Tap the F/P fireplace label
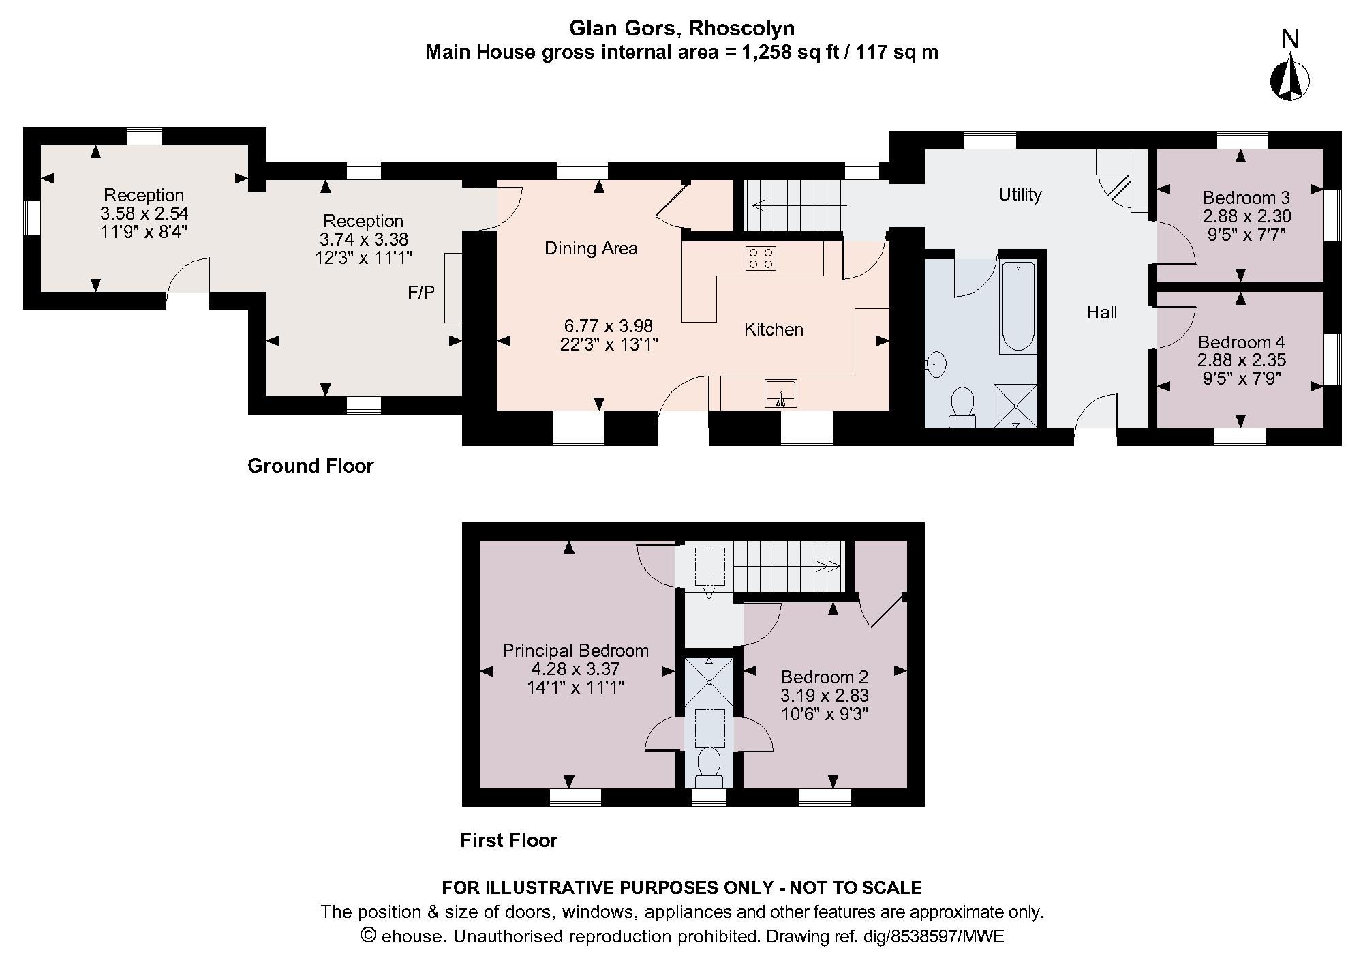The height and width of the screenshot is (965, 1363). (x=421, y=293)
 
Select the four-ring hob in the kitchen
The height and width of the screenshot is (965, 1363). (x=761, y=258)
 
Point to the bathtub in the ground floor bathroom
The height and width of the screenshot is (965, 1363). (x=1017, y=306)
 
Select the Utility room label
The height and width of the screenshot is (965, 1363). (x=1020, y=194)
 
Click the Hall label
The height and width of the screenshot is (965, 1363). (x=1101, y=312)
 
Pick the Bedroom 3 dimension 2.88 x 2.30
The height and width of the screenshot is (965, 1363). (x=1246, y=216)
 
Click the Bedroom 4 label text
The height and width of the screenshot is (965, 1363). (x=1241, y=342)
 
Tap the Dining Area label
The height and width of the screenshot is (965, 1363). (x=591, y=248)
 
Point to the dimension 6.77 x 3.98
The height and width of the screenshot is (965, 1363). (x=608, y=326)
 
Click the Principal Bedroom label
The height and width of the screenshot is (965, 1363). (x=575, y=651)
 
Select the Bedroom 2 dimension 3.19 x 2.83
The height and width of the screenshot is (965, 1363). (x=825, y=696)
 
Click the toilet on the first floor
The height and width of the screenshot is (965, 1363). (x=709, y=764)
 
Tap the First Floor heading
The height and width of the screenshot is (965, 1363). (x=508, y=840)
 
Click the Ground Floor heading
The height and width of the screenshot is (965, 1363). (x=310, y=466)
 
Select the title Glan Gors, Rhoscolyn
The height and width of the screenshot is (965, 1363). (x=681, y=28)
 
